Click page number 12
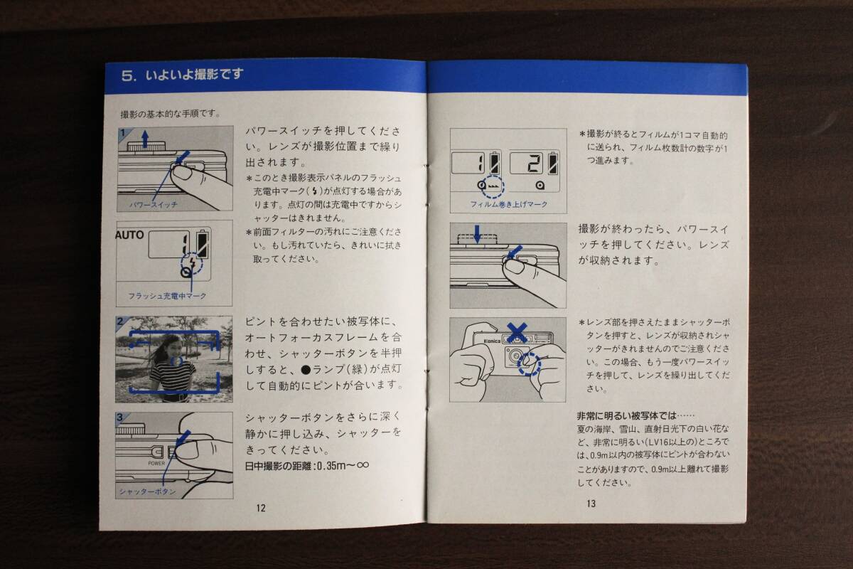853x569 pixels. (x=261, y=508)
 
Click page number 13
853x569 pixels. (x=591, y=504)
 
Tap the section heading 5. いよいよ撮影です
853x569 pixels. (x=183, y=74)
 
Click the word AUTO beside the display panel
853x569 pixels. (x=129, y=235)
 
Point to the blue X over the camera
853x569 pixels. (x=517, y=333)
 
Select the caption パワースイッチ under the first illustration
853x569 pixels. (x=154, y=205)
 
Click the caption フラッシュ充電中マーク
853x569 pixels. (x=167, y=296)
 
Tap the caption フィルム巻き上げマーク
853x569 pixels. (x=509, y=204)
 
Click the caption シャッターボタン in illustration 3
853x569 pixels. (x=148, y=491)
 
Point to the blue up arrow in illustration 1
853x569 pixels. (x=145, y=139)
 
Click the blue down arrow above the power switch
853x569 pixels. (x=477, y=233)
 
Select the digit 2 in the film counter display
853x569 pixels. (x=534, y=164)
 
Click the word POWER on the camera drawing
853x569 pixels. (x=156, y=464)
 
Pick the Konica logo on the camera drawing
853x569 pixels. (x=492, y=341)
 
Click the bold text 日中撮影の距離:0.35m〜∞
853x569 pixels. (x=307, y=466)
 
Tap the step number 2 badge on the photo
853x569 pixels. (x=120, y=321)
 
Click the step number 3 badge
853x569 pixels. (x=120, y=418)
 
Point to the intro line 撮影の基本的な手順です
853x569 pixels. (x=170, y=114)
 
